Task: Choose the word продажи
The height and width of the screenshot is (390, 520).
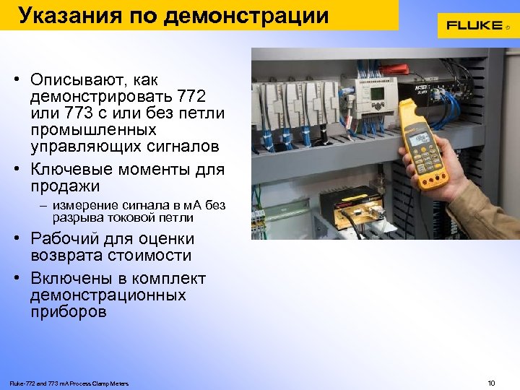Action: click(x=65, y=186)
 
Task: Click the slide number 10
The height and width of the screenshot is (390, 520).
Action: click(x=492, y=382)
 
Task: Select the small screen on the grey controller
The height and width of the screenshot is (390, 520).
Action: click(x=376, y=95)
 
